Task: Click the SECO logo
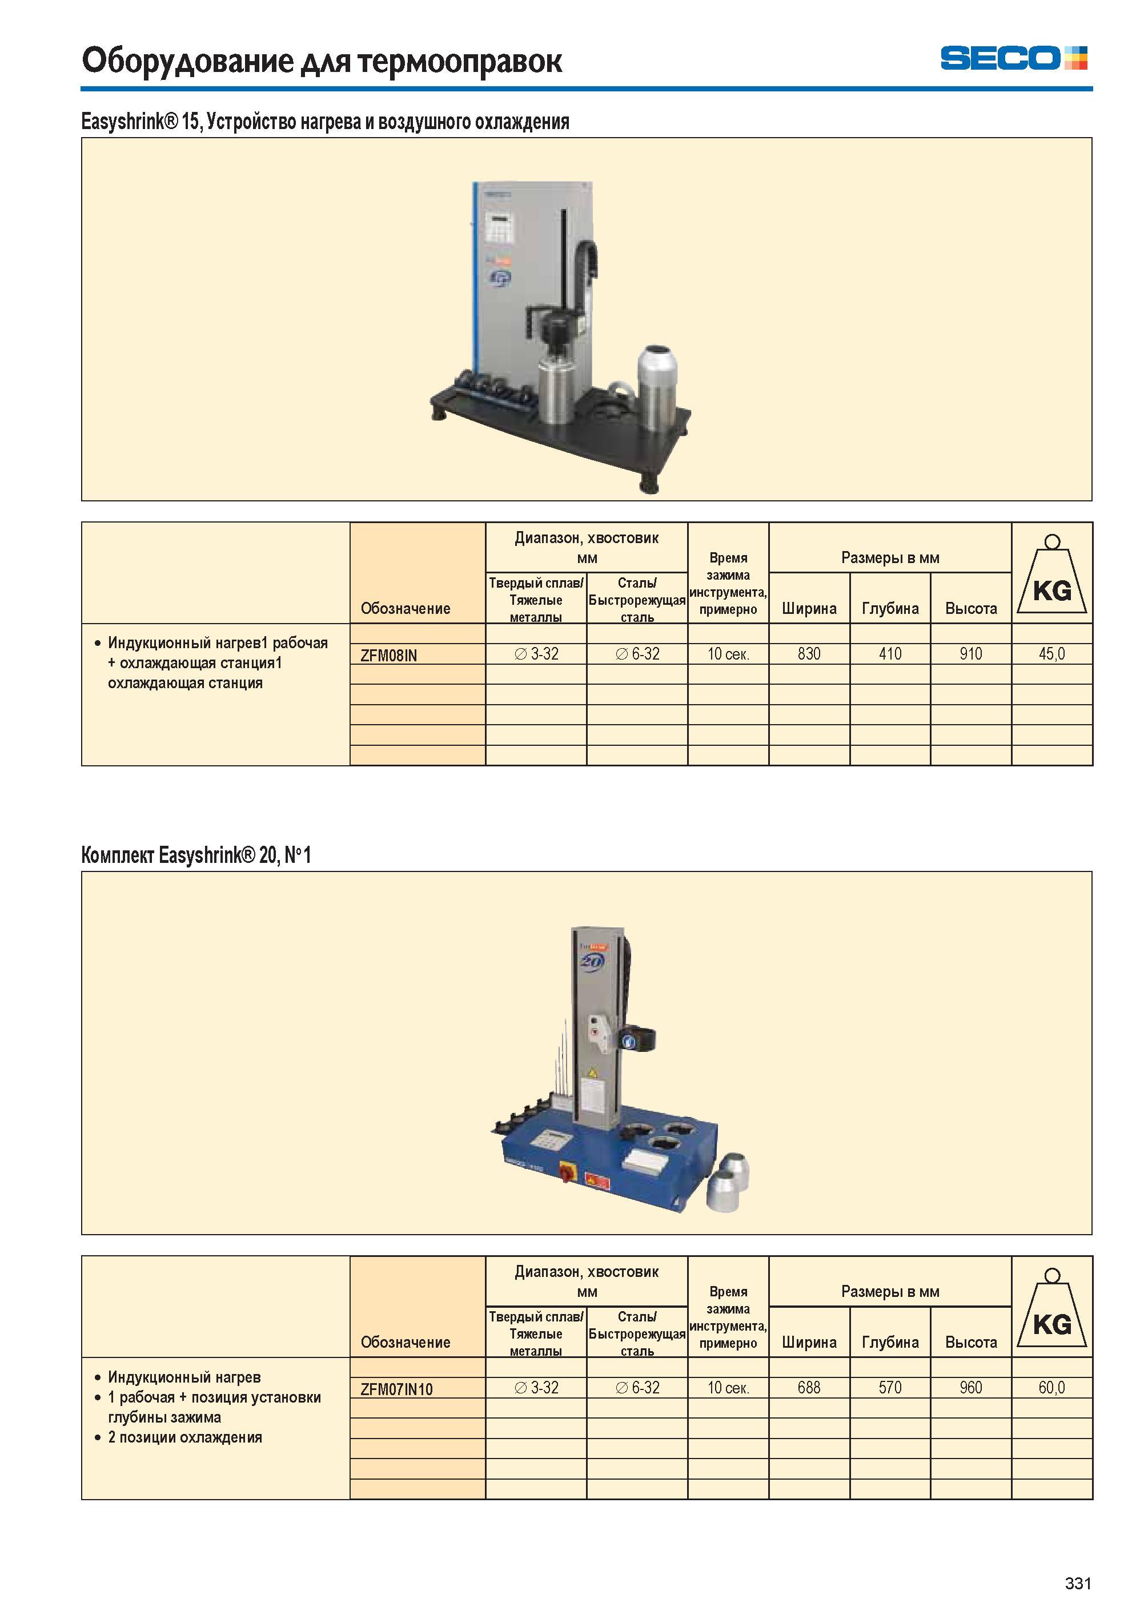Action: coord(1014,58)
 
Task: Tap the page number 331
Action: coord(1078,1584)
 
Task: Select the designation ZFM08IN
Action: coord(388,655)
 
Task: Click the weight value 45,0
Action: coord(1051,653)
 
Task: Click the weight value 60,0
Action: coord(1051,1387)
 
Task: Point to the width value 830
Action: coord(809,653)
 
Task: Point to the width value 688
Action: coord(809,1387)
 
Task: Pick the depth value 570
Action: coord(890,1387)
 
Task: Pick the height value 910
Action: coord(971,653)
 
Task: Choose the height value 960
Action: coord(971,1387)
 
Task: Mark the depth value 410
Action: coord(890,653)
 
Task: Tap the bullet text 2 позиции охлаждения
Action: coord(184,1437)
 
